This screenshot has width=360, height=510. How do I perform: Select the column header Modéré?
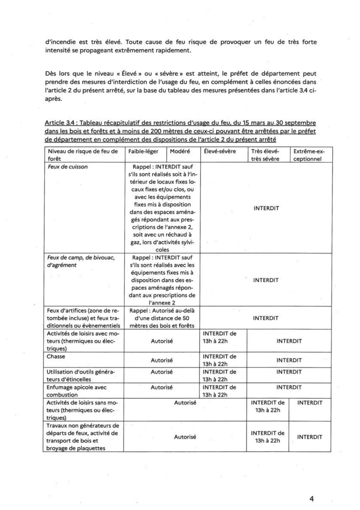click(x=180, y=151)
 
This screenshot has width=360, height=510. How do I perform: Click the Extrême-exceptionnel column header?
click(x=309, y=155)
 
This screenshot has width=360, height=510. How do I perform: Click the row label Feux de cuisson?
click(x=68, y=167)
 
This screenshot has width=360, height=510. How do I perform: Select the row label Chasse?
click(x=56, y=357)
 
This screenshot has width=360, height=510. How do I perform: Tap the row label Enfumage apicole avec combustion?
click(x=76, y=391)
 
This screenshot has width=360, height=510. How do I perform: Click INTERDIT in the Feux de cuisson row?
click(x=266, y=208)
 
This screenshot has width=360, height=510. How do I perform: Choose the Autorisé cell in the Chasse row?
click(x=161, y=360)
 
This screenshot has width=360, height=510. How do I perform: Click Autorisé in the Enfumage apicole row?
click(x=161, y=387)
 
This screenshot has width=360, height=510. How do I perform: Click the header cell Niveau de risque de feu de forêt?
click(x=82, y=155)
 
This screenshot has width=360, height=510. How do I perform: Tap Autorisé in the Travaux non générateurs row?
click(x=185, y=437)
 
